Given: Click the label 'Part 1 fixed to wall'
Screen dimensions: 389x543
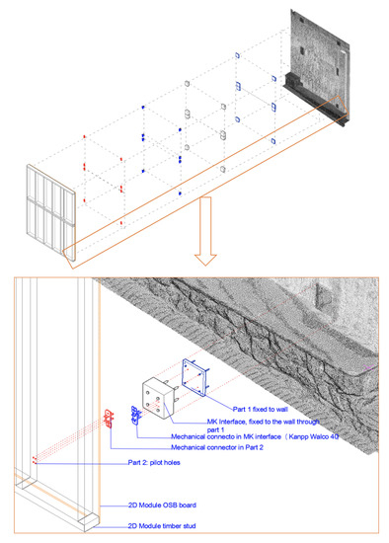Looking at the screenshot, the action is point(260,410).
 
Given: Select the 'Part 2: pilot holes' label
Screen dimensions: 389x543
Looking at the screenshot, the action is point(154,463).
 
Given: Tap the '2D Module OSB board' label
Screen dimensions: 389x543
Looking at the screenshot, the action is point(162,505).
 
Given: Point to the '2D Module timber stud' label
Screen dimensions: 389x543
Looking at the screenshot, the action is point(162,526).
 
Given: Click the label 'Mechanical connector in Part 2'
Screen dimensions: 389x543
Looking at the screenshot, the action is point(217,447).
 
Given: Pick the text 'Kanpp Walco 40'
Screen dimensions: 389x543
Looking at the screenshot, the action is point(314,436).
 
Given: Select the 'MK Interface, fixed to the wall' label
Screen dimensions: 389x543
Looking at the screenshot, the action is point(264,422).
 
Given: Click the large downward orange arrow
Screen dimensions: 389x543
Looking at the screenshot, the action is point(205,231).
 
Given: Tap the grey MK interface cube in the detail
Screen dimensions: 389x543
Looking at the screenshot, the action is point(158,398).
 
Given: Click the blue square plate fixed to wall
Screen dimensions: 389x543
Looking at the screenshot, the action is point(194,377).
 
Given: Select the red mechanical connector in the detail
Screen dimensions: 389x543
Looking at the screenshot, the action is point(109,419).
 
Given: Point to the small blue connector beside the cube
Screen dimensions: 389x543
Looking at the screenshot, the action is point(135,415).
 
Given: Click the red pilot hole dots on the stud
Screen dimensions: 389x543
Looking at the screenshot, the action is point(35,460).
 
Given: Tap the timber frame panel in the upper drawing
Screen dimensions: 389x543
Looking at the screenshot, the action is point(51,212).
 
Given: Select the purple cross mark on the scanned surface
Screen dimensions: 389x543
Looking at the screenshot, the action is point(368,367).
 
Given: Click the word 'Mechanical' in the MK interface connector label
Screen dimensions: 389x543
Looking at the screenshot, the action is point(186,436).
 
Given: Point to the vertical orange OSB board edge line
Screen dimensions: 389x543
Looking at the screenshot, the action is point(100,395).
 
